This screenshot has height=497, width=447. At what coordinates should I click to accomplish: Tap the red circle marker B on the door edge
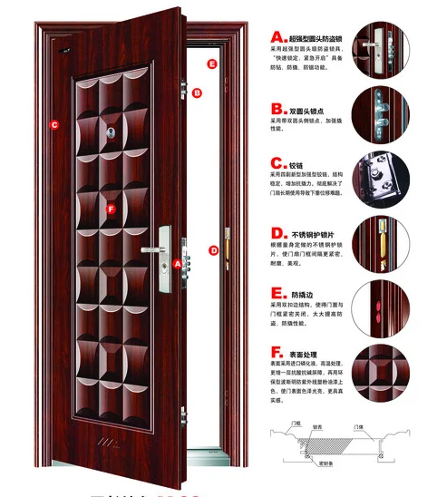197,93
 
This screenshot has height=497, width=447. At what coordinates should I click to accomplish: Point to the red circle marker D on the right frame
214,250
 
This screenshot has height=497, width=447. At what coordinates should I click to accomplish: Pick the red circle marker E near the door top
211,63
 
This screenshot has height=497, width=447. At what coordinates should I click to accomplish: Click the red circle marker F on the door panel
111,209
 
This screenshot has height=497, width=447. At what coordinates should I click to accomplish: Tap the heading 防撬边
300,295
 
